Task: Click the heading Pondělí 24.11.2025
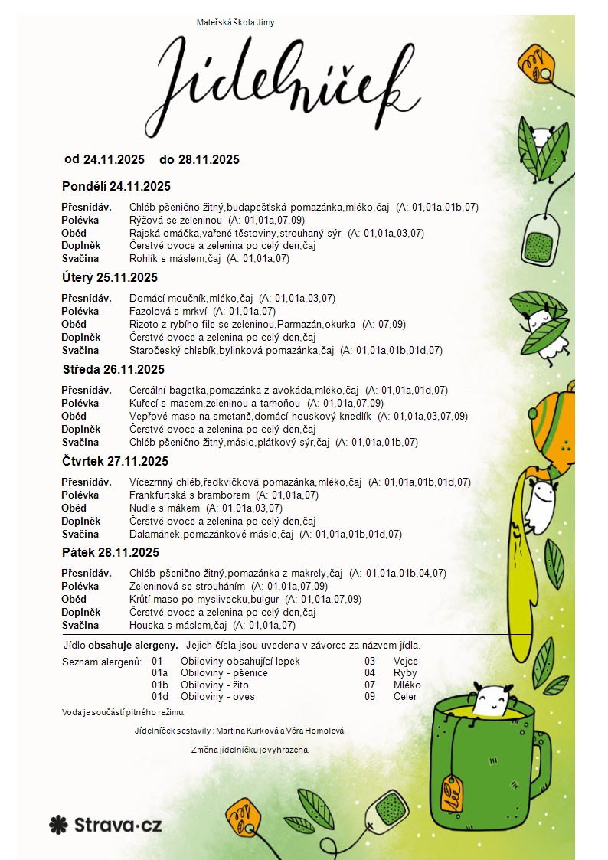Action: pyautogui.click(x=116, y=186)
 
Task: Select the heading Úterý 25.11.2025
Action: pyautogui.click(x=110, y=277)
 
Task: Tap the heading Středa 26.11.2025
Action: pyautogui.click(x=113, y=369)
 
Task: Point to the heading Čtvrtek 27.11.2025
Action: pyautogui.click(x=115, y=461)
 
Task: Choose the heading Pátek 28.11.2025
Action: pyautogui.click(x=110, y=552)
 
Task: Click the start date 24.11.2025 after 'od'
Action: pyautogui.click(x=114, y=159)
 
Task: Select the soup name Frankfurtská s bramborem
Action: pyautogui.click(x=185, y=495)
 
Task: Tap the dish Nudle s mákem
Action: pyautogui.click(x=164, y=508)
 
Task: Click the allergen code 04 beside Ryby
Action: pyautogui.click(x=370, y=673)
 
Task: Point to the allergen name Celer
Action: pyautogui.click(x=405, y=697)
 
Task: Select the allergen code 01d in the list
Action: pyautogui.click(x=160, y=697)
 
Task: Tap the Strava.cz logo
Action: pyautogui.click(x=106, y=825)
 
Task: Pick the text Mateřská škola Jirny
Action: pyautogui.click(x=235, y=22)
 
